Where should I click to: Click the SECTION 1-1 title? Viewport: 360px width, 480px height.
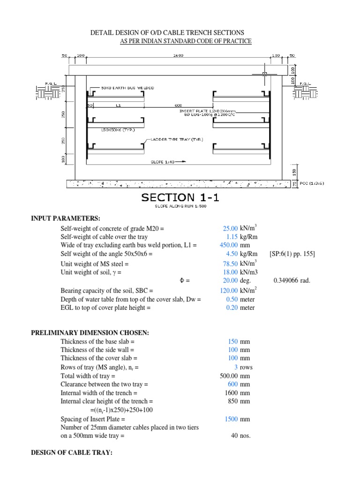coord(180,197)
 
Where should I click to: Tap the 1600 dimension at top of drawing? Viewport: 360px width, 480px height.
coord(178,55)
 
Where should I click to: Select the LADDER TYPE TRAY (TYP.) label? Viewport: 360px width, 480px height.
coord(177,139)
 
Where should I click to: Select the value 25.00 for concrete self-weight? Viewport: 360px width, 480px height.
coord(230,228)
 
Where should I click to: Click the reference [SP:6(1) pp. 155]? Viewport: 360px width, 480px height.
coord(292,254)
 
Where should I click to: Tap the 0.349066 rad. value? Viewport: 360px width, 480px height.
coord(292,281)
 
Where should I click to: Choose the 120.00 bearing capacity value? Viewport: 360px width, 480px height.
coord(229,290)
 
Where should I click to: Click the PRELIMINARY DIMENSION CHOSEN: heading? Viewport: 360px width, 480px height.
coord(90,333)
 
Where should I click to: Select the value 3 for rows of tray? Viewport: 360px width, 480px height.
coord(235,367)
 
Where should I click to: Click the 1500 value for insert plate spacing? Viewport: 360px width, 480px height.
coord(231,419)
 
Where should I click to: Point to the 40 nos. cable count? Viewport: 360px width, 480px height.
coord(240,436)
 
